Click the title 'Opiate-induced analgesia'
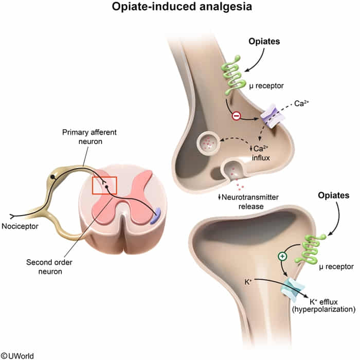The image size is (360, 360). click(x=182, y=7)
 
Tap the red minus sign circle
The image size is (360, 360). click(x=236, y=116)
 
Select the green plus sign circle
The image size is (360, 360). click(x=282, y=256)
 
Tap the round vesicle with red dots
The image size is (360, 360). click(x=208, y=143)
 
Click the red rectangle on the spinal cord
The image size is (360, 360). click(x=104, y=186)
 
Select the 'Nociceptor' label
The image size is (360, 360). click(x=20, y=226)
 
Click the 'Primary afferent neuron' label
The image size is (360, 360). click(x=89, y=137)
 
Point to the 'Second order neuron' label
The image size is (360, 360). click(x=49, y=267)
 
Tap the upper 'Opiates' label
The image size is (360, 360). click(x=264, y=41)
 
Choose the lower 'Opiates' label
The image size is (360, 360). click(x=334, y=195)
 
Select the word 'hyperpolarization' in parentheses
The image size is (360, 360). click(x=323, y=309)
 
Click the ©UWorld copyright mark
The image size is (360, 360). click(x=17, y=356)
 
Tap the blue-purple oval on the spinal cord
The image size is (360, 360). click(x=156, y=216)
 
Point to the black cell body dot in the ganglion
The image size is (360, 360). click(x=53, y=177)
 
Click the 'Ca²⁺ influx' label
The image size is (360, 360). click(x=260, y=153)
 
